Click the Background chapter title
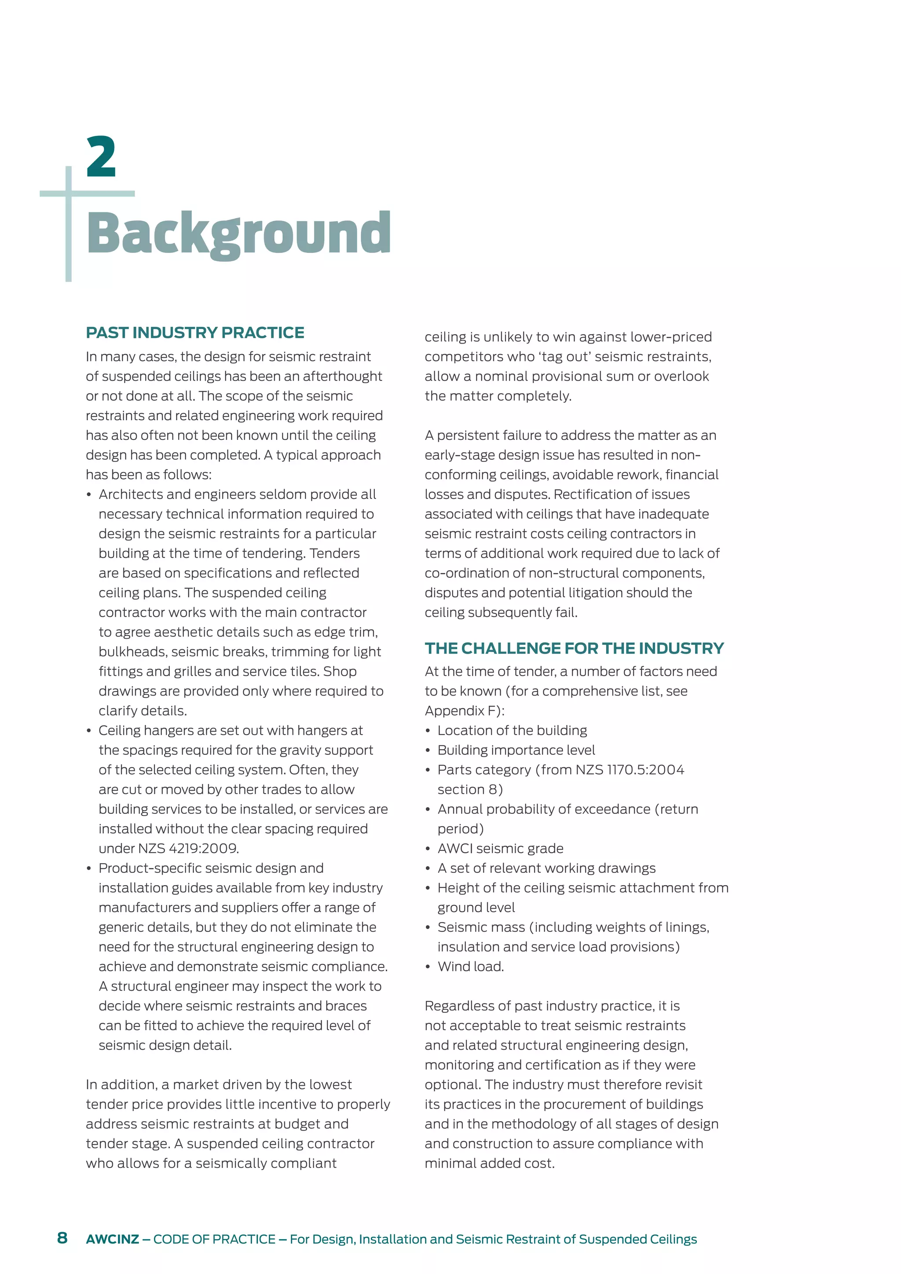point(238,234)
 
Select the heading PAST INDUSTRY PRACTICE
point(195,333)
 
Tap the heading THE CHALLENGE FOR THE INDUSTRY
point(574,648)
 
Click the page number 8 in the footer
point(62,1237)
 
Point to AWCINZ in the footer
point(112,1239)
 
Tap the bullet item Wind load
point(470,966)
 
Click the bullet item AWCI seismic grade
point(500,849)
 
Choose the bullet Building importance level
point(516,750)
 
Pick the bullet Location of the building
point(512,730)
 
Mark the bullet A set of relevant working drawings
point(546,868)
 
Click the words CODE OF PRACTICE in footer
point(214,1239)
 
